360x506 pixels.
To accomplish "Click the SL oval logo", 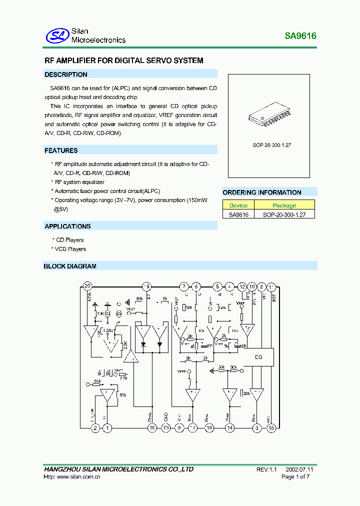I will point(56,35).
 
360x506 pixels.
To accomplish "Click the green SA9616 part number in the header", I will point(300,36).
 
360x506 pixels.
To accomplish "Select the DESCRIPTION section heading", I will point(65,74).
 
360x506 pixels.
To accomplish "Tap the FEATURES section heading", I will point(61,150).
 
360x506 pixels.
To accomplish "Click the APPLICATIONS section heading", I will point(67,226).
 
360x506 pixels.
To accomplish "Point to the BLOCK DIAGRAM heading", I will point(70,266).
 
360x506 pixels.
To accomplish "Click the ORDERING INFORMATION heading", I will point(262,192).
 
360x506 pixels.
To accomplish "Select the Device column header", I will point(238,205).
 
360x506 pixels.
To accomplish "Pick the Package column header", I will point(284,205).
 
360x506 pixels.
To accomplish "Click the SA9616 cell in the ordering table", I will point(238,214).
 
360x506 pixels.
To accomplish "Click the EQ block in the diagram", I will point(258,357).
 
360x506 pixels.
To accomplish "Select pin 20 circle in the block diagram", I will point(88,286).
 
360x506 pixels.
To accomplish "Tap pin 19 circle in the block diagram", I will point(146,286).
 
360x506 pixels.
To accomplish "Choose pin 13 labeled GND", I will point(166,427).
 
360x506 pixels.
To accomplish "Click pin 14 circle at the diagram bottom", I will point(229,427).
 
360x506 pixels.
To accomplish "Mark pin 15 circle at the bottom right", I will point(271,427).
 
